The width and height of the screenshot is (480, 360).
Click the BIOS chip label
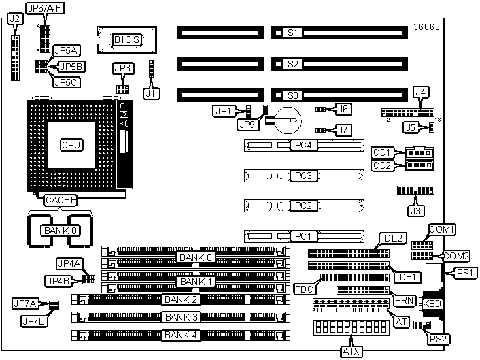coord(126,39)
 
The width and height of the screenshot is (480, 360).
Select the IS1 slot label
coord(292,32)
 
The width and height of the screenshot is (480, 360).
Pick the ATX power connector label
coord(351,351)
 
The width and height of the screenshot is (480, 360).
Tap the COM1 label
coord(441,229)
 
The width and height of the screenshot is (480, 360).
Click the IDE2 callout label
coord(391,238)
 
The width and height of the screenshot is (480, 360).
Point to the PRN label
coord(402,299)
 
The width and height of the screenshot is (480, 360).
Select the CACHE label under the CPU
coord(61,199)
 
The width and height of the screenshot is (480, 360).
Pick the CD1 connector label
coord(381,152)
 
